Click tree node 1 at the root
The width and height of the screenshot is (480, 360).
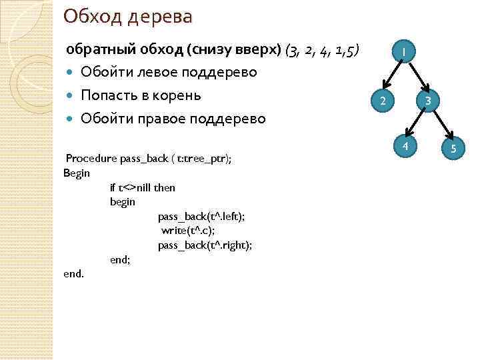click(x=404, y=51)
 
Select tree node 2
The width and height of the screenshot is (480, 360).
click(x=382, y=101)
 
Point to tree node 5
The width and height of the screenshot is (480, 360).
click(x=453, y=148)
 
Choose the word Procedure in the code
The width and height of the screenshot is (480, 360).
click(x=91, y=159)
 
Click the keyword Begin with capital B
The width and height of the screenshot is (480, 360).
click(x=77, y=173)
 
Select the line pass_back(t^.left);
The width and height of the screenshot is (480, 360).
click(x=201, y=216)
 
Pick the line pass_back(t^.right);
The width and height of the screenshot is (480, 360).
click(x=205, y=245)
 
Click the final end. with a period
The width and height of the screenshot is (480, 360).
click(x=73, y=273)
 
